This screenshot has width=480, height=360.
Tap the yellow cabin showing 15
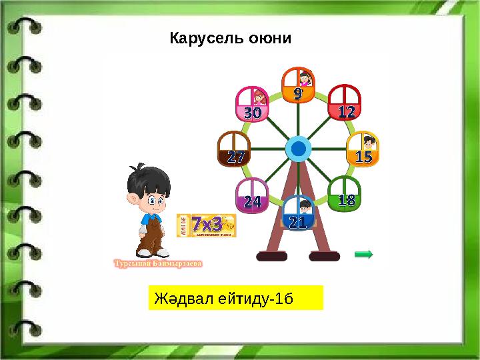click(x=363, y=149)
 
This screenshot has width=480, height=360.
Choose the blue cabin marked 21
click(x=298, y=213)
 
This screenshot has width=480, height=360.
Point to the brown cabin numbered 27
click(x=234, y=149)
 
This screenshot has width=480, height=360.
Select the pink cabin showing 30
click(x=252, y=105)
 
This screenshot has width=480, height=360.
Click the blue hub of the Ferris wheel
click(x=298, y=149)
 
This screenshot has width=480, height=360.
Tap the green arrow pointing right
click(x=363, y=253)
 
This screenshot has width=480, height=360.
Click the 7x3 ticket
click(x=207, y=225)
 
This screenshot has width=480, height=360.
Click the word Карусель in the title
click(x=199, y=38)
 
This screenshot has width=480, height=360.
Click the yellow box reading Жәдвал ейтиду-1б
click(x=235, y=298)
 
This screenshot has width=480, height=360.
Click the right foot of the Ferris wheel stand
click(x=325, y=255)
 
